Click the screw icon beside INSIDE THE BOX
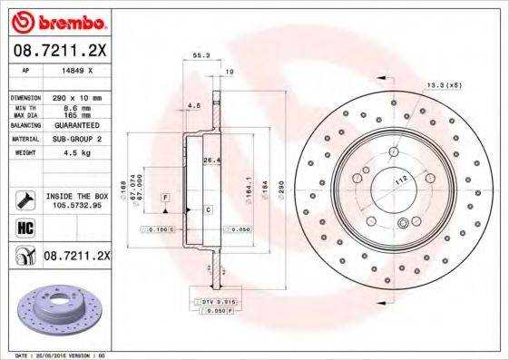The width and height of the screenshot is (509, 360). tap(24, 199)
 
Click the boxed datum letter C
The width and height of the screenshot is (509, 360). tap(207, 209)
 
